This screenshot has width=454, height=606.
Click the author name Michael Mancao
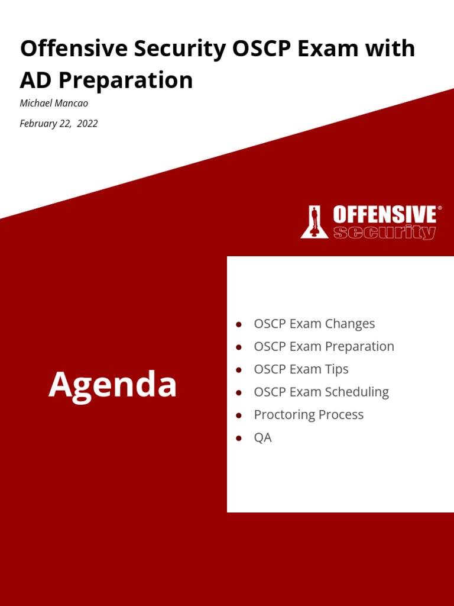[54, 103]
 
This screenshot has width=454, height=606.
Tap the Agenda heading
[112, 385]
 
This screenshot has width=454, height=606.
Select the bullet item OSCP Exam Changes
[314, 324]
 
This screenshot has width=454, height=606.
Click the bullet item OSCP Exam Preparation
[323, 346]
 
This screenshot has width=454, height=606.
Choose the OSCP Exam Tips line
[301, 369]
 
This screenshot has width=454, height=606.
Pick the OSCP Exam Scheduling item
[321, 392]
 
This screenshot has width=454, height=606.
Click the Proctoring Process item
[309, 414]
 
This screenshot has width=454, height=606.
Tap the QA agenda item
[262, 438]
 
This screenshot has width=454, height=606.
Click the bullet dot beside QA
[239, 439]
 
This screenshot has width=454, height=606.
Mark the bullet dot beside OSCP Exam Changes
[239, 324]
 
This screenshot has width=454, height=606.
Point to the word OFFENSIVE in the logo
[384, 214]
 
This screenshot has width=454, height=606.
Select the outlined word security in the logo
[384, 232]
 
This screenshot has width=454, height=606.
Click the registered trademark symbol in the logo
[439, 208]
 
